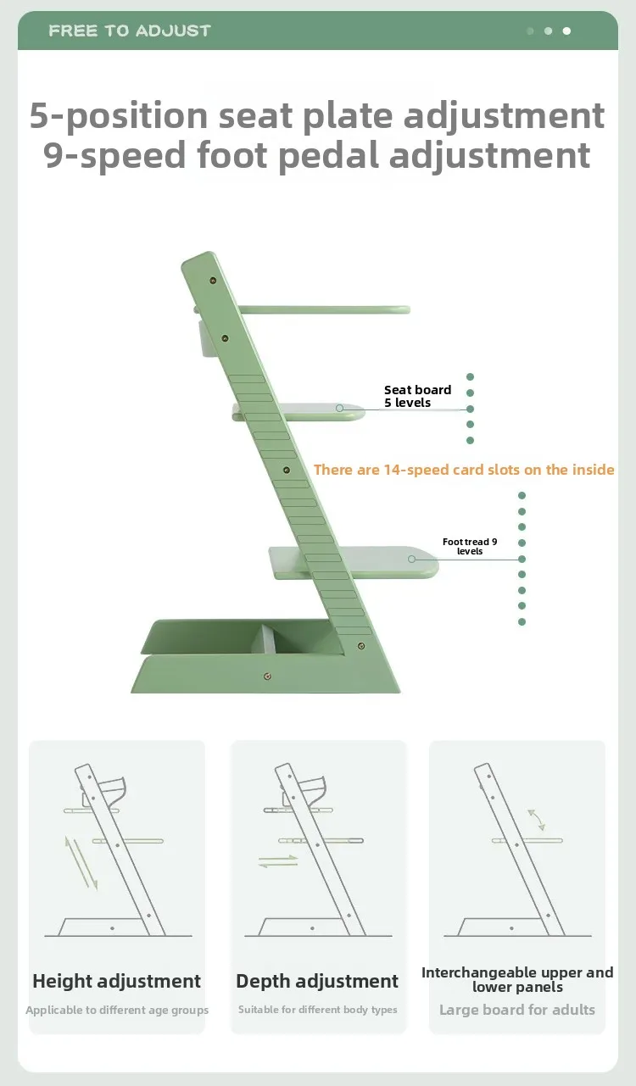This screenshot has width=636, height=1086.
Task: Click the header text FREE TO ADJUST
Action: tap(130, 31)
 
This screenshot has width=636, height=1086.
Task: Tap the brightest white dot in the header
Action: tap(566, 31)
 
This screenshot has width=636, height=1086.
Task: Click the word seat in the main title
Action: tap(255, 116)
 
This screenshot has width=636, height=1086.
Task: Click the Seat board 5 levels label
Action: tap(417, 396)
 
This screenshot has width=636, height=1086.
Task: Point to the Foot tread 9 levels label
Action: tap(470, 547)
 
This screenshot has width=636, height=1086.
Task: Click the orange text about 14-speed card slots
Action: tap(464, 470)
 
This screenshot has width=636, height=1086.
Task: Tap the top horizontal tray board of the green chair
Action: tap(324, 309)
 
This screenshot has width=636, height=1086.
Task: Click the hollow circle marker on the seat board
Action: tap(339, 409)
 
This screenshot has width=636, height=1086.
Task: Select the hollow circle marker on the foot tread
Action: tap(411, 559)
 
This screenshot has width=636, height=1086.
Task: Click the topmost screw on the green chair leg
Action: tap(213, 281)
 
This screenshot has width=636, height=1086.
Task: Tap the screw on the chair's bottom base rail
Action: tap(267, 677)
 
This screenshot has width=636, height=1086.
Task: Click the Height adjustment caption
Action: tap(116, 981)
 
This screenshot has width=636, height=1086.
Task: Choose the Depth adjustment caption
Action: tap(317, 981)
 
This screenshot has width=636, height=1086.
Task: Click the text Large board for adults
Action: tap(517, 1010)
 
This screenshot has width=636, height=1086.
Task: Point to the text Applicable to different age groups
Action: tap(117, 1010)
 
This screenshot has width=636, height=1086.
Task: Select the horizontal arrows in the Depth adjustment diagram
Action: tap(278, 861)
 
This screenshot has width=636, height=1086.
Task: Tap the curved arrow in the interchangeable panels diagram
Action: tap(536, 820)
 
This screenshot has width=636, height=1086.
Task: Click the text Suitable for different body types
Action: tap(318, 1010)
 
